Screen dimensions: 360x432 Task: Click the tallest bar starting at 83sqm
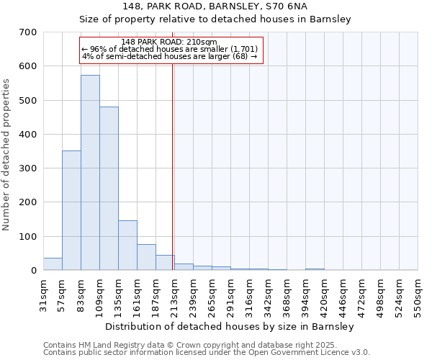point(90,173)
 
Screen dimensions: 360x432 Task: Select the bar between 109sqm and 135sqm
point(109,189)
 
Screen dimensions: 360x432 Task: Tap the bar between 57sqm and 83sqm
point(71,210)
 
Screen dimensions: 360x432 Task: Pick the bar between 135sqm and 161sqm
point(127,246)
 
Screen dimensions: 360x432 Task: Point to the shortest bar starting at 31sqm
point(53,264)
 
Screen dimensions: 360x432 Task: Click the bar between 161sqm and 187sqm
point(146,257)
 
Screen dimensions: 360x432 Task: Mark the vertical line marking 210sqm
point(173,166)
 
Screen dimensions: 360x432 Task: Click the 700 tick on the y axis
point(28,32)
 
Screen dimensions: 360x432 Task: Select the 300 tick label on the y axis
point(28,168)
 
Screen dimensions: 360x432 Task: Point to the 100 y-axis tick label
point(28,237)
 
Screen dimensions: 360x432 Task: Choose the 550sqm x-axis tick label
point(418,294)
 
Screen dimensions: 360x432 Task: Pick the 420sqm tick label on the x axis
point(324,294)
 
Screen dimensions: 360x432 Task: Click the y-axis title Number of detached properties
point(7,155)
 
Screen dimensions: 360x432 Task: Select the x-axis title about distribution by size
point(229,326)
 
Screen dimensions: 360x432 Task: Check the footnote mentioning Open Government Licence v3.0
point(207,353)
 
